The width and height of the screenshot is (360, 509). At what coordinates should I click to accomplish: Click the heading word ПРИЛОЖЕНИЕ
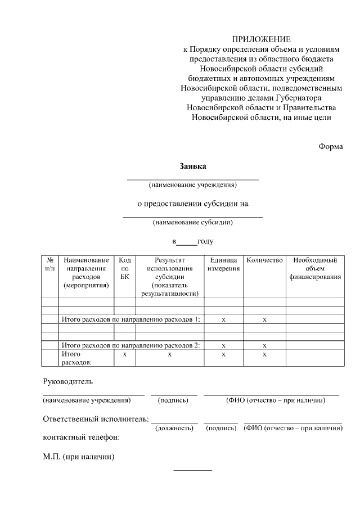(x=262, y=39)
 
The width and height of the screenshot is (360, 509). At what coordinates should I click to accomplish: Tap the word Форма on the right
(x=330, y=146)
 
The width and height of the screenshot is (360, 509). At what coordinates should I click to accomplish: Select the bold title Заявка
(x=193, y=166)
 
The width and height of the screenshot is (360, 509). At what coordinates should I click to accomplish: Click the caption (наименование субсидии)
(x=193, y=222)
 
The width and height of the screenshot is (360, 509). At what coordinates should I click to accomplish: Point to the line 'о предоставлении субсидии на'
(x=193, y=204)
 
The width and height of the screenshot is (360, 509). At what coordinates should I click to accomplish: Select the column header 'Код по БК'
(x=125, y=268)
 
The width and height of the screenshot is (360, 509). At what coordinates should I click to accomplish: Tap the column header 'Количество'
(x=264, y=260)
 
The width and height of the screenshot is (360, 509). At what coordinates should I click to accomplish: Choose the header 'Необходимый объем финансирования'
(x=315, y=268)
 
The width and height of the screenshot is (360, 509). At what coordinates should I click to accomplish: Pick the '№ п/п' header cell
(x=50, y=264)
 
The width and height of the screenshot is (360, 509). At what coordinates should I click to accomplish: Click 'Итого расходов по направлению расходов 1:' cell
(x=131, y=319)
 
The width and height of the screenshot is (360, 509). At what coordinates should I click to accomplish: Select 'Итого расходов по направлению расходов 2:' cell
(x=131, y=345)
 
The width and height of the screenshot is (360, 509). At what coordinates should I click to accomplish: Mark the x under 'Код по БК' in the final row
(x=125, y=355)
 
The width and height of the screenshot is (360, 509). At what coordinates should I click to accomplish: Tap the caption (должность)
(x=174, y=429)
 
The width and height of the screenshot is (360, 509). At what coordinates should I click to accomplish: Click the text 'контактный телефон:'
(x=82, y=437)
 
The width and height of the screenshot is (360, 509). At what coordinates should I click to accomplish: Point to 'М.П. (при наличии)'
(x=79, y=457)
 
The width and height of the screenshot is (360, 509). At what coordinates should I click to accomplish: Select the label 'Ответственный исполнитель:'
(x=96, y=419)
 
